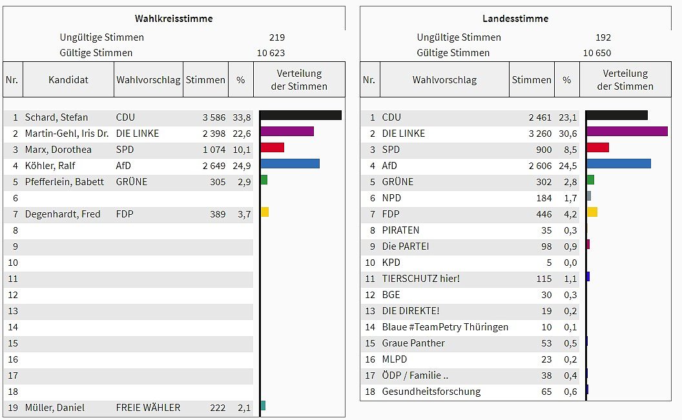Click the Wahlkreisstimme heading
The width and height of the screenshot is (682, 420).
(x=174, y=19)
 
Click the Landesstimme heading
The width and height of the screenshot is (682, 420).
(x=515, y=19)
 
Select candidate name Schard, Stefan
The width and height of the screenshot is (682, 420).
(x=56, y=117)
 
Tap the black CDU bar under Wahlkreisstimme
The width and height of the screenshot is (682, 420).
(x=300, y=115)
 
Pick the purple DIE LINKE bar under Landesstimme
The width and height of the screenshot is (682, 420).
(x=626, y=132)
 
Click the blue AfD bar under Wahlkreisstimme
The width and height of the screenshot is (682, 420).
(x=290, y=164)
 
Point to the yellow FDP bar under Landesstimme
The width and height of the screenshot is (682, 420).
(x=592, y=212)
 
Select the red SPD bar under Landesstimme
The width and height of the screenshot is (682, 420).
(x=597, y=148)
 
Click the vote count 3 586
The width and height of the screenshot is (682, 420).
(x=214, y=117)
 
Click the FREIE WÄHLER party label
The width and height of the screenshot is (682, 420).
(x=148, y=408)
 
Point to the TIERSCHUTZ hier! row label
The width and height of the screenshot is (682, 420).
(x=420, y=279)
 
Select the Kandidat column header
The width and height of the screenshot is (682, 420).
(x=68, y=80)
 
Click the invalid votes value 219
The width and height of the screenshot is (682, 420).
(x=277, y=37)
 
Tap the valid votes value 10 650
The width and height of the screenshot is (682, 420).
(x=597, y=53)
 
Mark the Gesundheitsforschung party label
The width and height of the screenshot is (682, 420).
(x=431, y=392)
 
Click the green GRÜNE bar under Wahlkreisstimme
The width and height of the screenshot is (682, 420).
(x=263, y=180)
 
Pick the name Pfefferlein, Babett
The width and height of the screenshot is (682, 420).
(x=64, y=182)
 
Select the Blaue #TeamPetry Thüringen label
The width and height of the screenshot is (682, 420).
(x=445, y=327)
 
